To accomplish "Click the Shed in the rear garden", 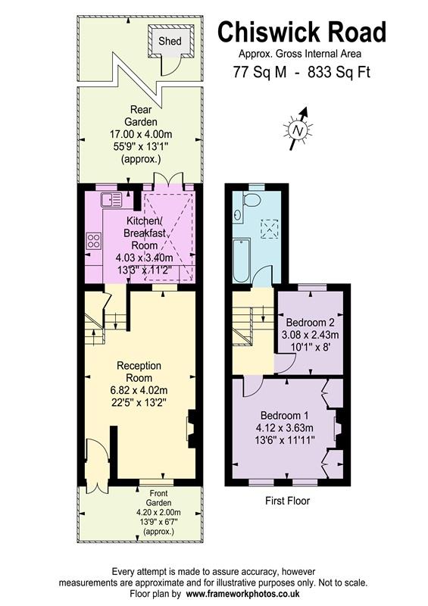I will [x=170, y=41].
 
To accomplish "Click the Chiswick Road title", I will [x=302, y=33].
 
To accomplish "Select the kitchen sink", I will [x=111, y=200].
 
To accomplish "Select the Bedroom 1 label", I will [x=284, y=416].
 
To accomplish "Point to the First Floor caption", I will [x=287, y=501].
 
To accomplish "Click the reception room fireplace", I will [x=192, y=430].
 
